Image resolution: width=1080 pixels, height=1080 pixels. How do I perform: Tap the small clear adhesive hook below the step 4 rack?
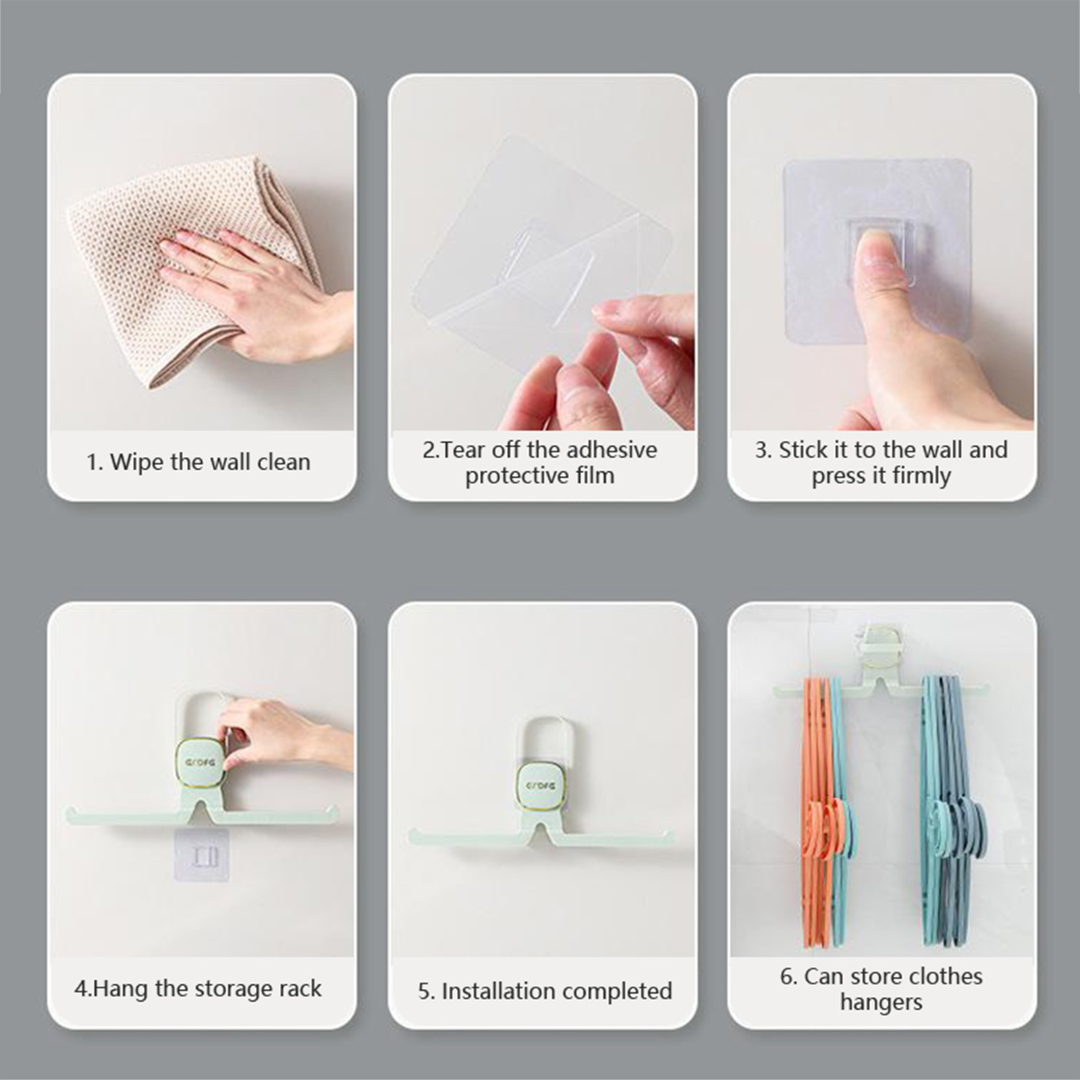point(202,856)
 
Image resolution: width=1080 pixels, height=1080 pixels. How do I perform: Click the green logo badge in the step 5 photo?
point(541,786)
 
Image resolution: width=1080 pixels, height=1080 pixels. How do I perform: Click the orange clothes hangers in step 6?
point(818,810)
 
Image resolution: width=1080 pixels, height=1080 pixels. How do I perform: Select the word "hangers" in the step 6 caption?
point(881,1003)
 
